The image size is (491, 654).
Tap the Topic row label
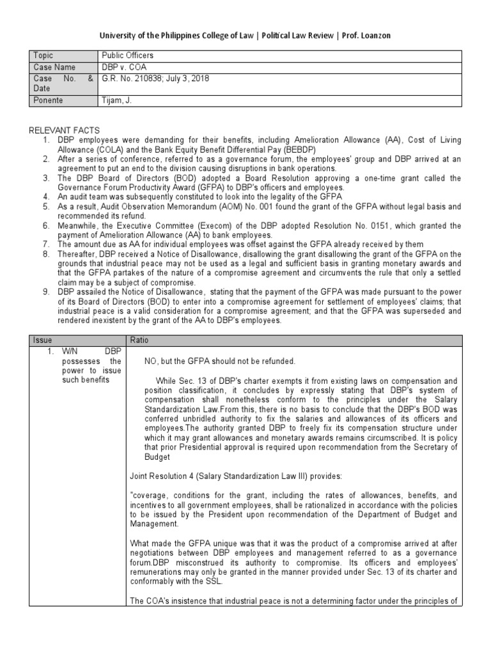coord(43,56)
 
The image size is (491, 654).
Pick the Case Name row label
coord(54,67)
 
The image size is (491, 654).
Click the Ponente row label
coord(48,100)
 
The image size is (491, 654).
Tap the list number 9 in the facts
coord(46,293)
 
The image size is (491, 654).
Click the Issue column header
coord(43,340)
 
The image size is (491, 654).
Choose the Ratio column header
coord(139,340)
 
